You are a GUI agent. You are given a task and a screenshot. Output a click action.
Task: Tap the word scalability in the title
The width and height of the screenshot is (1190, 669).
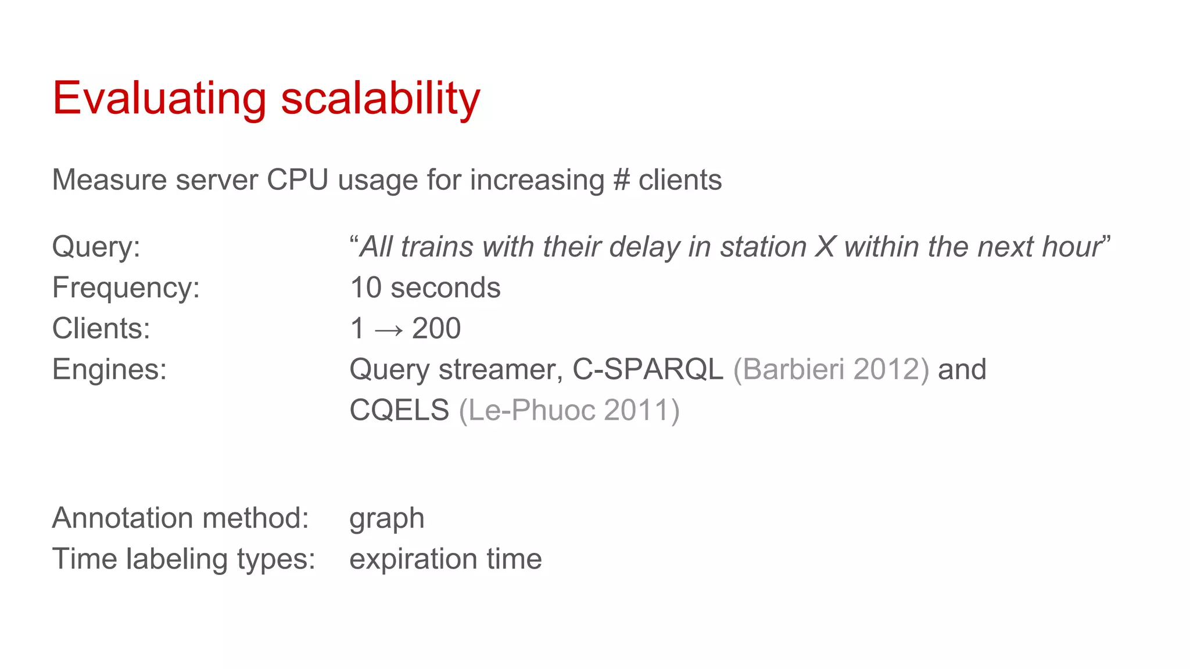coord(381,99)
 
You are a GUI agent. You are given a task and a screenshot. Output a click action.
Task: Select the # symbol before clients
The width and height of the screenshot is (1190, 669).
coord(621,180)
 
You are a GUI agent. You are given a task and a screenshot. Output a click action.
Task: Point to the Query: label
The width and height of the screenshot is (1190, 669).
coord(96,247)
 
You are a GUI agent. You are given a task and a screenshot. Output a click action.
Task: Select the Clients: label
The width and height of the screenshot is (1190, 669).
coord(101,328)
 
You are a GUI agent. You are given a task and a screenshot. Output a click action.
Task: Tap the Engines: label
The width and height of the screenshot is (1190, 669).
coord(109,369)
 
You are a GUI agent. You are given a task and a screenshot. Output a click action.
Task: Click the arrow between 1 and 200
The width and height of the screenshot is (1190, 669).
coord(389,330)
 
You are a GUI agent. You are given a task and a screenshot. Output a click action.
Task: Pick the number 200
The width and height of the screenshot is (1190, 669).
coord(436,328)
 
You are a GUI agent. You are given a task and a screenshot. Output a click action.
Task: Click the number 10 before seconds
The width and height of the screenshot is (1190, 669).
coord(365,287)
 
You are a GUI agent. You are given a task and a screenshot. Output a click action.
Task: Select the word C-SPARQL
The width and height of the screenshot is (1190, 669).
coord(648,369)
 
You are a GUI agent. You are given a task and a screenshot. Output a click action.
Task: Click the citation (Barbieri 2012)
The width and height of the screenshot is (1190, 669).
coord(831,369)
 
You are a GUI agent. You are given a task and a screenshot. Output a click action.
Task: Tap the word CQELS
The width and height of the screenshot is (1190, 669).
coord(399,410)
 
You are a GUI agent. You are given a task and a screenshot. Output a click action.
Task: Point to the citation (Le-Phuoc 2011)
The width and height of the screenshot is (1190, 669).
coord(569,410)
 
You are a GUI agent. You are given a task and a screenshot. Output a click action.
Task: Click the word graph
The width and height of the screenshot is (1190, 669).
coord(386,519)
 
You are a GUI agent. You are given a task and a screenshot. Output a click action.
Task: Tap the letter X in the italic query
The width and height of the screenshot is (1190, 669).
coord(825,247)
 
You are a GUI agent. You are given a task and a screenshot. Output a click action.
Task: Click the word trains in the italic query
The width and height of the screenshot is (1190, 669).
coord(437,247)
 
